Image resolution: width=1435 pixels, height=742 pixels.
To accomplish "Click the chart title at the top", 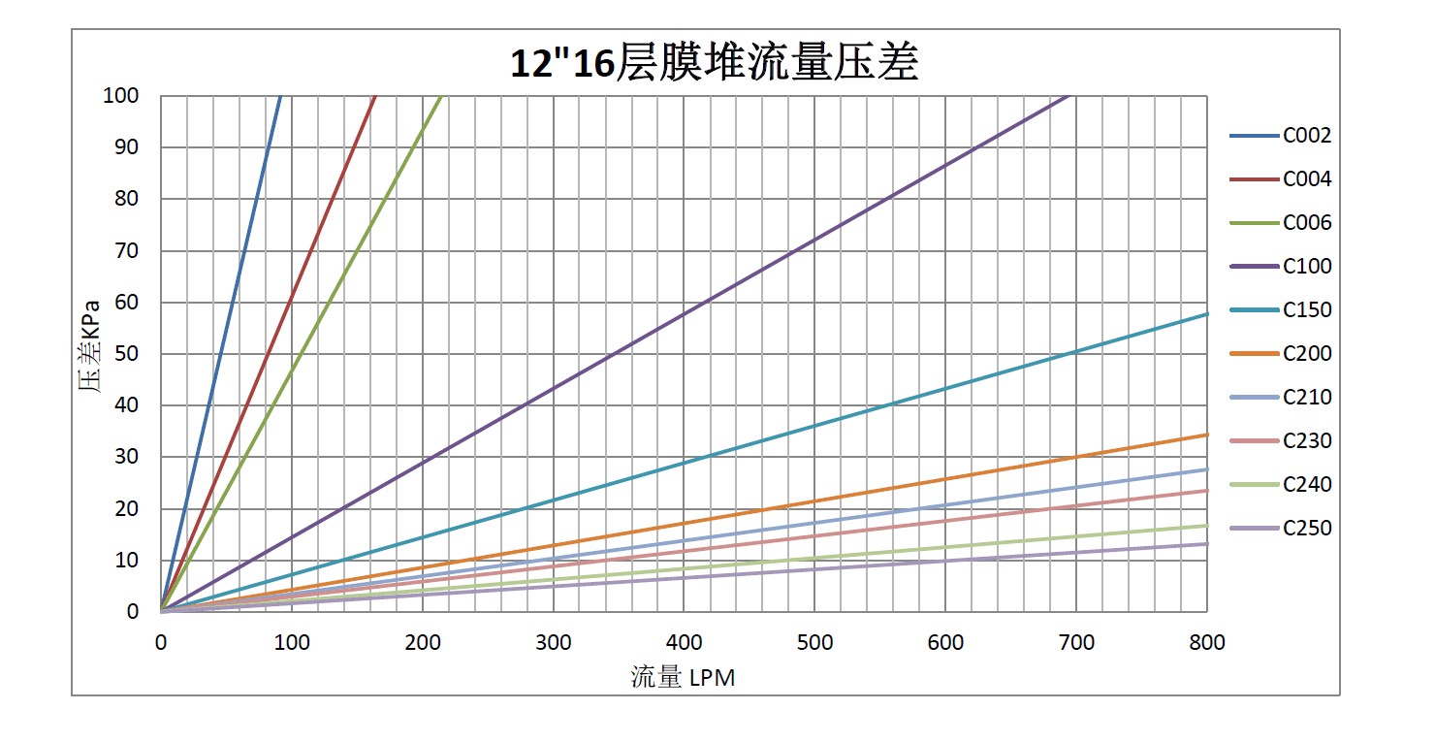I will click(715, 62).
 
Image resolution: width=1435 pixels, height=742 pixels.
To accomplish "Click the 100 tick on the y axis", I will click(121, 96).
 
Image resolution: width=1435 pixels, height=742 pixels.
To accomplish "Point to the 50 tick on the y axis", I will click(126, 354).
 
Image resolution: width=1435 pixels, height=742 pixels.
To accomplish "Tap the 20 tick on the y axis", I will click(126, 509).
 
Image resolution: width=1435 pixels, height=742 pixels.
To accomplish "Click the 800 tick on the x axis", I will click(1206, 642).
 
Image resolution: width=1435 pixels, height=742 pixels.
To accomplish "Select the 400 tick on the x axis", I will click(684, 642).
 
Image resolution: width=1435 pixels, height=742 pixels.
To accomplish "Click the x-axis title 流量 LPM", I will click(683, 677).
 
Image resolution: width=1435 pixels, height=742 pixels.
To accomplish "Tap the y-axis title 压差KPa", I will click(89, 354).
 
